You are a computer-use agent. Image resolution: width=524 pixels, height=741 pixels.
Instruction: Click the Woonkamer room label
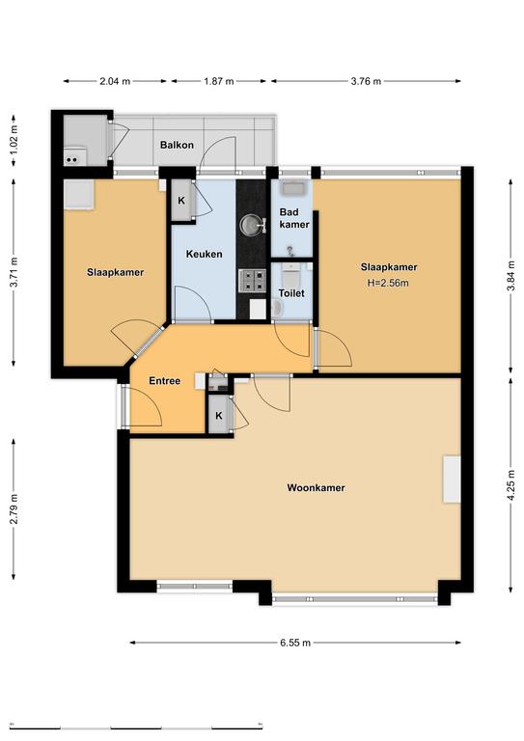pos(316,487)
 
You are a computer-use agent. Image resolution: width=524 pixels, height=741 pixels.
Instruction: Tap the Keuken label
pos(205,254)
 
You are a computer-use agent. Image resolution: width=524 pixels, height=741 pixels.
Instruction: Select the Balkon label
pos(177,145)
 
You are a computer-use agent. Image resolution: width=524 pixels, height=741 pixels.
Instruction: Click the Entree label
pos(164,380)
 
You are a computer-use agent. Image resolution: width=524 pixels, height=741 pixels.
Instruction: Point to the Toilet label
pos(291,293)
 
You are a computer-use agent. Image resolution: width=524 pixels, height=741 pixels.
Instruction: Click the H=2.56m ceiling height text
pos(388,283)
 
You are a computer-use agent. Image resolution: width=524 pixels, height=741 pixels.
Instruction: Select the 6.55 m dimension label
pos(295,643)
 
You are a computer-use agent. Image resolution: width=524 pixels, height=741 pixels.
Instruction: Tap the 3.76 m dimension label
pos(366,81)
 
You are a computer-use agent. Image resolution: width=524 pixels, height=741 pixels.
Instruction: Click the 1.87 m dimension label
pos(219,81)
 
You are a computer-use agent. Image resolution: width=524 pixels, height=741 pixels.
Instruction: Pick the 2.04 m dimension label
pos(115,81)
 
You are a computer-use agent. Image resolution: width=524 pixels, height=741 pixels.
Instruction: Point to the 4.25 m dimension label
pos(510,485)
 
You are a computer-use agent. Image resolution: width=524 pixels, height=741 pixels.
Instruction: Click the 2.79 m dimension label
pos(14,509)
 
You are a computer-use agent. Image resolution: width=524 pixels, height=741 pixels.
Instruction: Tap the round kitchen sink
pos(251,225)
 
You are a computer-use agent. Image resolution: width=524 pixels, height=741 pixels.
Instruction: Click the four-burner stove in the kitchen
pos(253,280)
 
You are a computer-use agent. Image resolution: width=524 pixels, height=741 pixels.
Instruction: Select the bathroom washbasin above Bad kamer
pos(294,188)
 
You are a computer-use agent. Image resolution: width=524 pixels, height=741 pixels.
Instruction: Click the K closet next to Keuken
pos(181,201)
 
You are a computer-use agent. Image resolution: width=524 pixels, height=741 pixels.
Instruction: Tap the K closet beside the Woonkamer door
pos(219,416)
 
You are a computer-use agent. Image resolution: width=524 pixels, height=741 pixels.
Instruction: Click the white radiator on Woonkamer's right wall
pos(452,479)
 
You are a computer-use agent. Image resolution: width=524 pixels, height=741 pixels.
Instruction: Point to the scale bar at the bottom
pos(136,726)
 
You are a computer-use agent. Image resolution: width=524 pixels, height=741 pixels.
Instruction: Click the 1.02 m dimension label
pos(14,140)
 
